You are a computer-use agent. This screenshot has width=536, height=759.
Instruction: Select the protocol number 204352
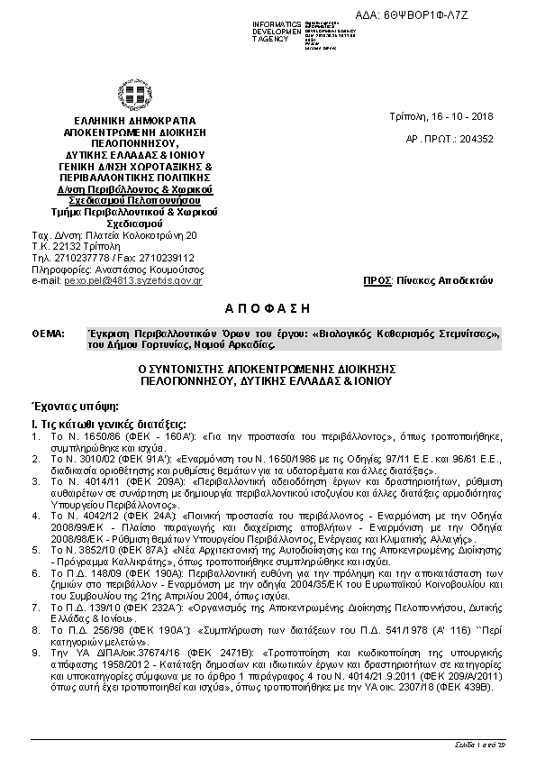(476, 139)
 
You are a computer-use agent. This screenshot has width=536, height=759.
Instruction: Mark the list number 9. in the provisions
(35, 650)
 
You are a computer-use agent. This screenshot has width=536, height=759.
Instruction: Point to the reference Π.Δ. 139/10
(88, 609)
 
